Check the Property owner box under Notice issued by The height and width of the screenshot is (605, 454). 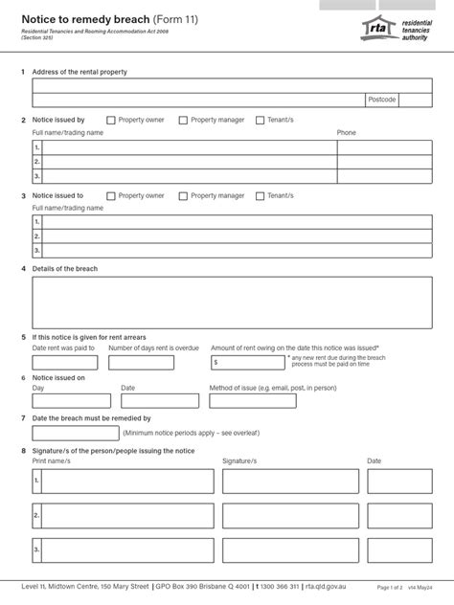111,121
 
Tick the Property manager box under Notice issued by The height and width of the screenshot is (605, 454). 183,121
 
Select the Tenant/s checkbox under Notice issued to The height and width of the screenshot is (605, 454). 261,196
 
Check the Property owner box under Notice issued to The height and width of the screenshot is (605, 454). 111,196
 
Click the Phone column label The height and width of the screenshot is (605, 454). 346,132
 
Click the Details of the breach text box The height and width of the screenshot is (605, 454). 226,302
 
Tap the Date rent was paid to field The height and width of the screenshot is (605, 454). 63,363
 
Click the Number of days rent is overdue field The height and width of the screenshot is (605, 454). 141,363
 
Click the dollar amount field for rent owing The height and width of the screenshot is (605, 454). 248,363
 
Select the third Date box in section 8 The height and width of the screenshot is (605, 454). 394,550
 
